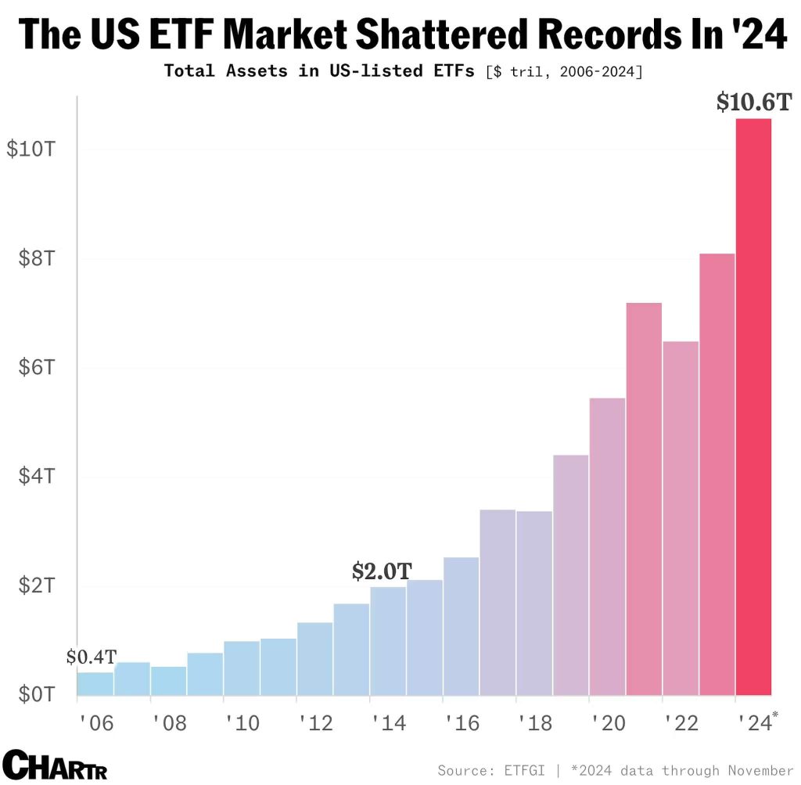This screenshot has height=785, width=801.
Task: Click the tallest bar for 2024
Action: [753, 407]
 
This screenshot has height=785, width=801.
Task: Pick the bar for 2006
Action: [95, 683]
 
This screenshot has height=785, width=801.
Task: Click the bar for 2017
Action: [497, 602]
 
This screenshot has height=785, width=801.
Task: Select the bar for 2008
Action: [168, 680]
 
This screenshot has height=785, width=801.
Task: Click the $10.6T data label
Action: [754, 103]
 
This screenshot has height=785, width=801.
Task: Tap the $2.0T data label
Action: [381, 571]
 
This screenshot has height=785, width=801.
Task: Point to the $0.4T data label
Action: [91, 657]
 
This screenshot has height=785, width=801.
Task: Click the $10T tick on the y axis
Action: [31, 149]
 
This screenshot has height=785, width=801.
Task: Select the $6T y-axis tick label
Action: [36, 367]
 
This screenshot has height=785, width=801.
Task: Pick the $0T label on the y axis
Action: [36, 694]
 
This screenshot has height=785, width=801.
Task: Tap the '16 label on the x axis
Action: [461, 722]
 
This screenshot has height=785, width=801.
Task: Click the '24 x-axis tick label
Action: [753, 722]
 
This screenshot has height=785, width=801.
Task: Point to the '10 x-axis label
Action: [242, 722]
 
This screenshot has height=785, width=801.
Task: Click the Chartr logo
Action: [55, 764]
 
